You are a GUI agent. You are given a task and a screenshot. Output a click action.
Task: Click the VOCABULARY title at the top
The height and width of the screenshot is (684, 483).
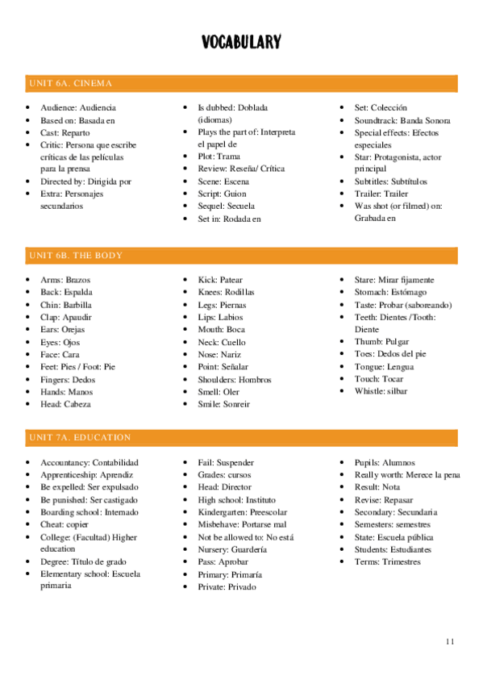[241, 43]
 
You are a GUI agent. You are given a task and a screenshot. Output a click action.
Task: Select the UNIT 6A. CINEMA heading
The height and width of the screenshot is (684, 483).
[69, 83]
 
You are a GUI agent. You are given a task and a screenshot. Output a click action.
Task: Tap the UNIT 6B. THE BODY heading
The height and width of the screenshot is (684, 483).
[75, 256]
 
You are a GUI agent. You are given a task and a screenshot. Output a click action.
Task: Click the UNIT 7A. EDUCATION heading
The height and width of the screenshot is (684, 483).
[79, 437]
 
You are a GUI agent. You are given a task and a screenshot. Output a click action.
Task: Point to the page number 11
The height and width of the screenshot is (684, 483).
[450, 641]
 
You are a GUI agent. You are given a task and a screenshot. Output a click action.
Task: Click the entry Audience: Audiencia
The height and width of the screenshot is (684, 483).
[78, 108]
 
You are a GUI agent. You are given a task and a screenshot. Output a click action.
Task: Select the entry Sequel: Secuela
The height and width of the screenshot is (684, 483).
[226, 206]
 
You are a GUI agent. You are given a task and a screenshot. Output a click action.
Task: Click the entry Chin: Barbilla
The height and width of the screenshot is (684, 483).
[66, 305]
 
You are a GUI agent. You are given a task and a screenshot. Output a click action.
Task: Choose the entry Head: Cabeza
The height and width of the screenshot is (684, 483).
[65, 404]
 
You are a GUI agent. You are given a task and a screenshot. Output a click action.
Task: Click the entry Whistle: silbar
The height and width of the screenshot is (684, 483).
[381, 391]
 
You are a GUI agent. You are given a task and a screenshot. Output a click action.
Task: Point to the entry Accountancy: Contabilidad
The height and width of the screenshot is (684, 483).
[90, 463]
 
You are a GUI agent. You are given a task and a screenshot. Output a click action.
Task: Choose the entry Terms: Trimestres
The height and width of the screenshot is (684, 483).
[387, 561]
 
